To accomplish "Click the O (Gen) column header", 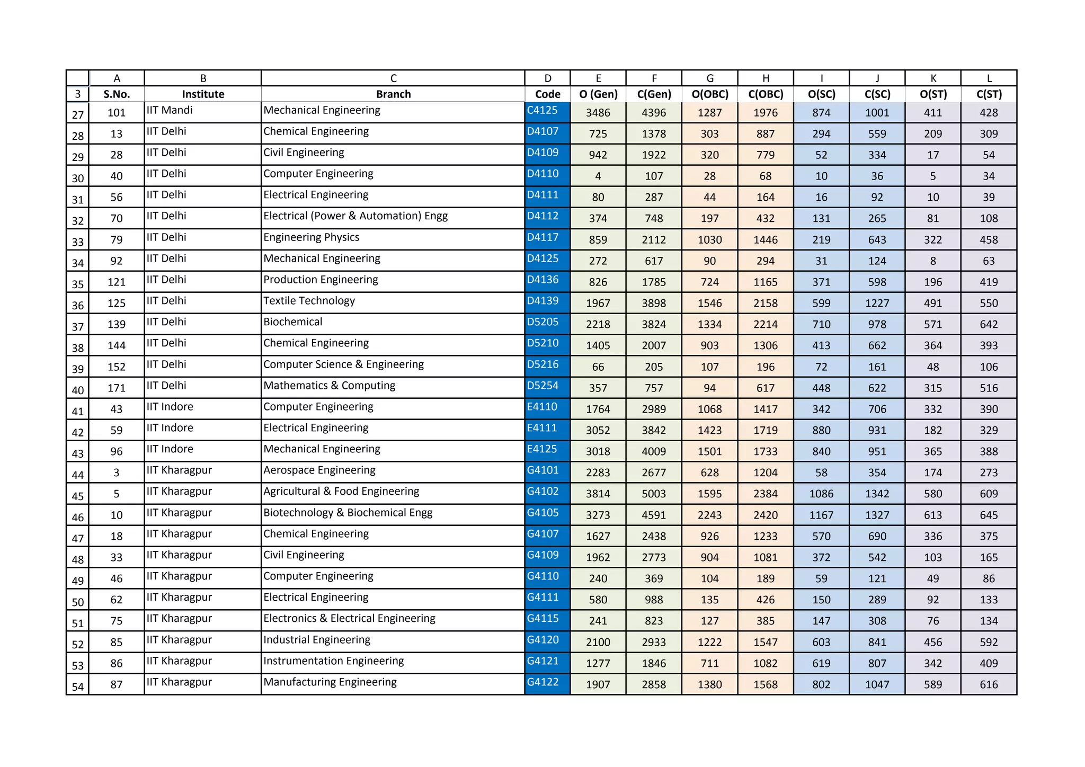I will pos(598,94).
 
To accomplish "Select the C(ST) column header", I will pos(989,94).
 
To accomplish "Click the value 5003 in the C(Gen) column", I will pos(654,494).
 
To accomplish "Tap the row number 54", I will pos(78,686).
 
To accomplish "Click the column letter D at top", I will pos(547,78).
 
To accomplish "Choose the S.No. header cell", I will pos(117,94).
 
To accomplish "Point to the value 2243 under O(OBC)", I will pos(709,515).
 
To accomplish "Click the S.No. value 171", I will pos(117,388).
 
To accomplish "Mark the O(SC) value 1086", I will pos(821,494).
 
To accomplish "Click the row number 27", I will pos(78,114).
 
